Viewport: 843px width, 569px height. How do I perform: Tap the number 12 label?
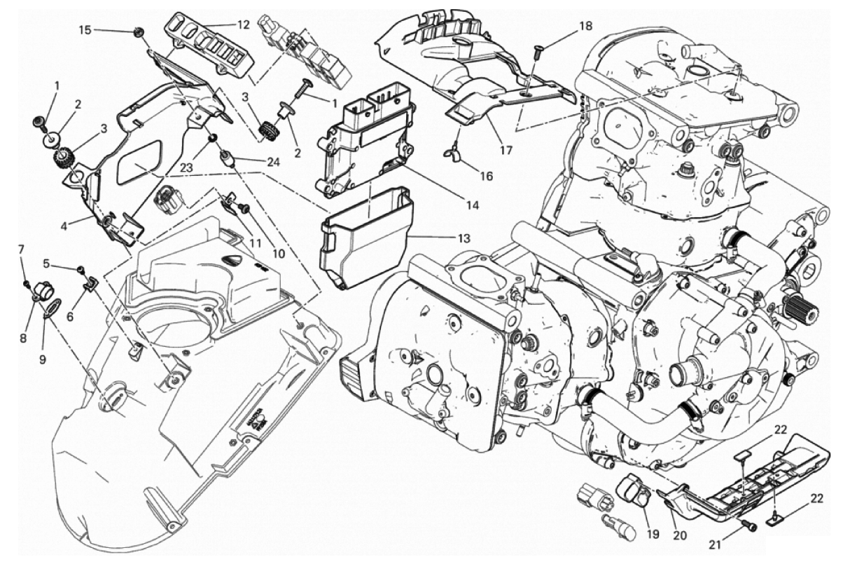click(243, 25)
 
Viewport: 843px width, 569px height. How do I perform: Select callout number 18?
click(585, 26)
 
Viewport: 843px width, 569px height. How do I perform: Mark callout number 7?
click(21, 249)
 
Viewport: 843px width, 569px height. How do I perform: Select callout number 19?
click(653, 534)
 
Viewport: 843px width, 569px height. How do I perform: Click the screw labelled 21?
click(752, 526)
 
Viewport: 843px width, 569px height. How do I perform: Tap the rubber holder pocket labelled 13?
click(364, 238)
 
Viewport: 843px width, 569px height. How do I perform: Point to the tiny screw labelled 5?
click(81, 269)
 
